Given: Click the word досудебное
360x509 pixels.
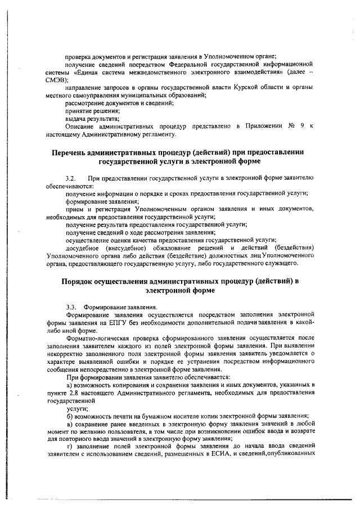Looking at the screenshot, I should click(84, 248).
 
